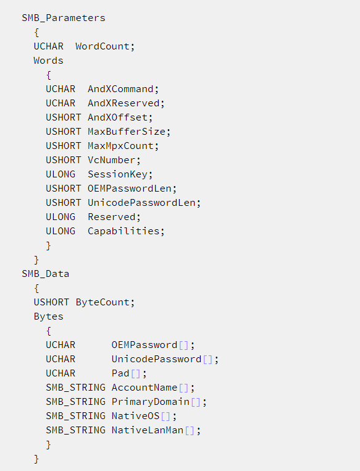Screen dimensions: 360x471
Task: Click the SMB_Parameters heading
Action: coord(64,18)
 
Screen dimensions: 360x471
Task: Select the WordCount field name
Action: coord(103,46)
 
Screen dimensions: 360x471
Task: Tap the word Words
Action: coord(49,61)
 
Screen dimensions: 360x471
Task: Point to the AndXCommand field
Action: coord(120,89)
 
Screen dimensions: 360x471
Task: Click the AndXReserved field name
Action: coord(123,103)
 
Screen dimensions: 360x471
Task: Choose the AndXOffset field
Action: coord(117,117)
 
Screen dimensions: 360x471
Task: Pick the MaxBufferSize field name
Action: coord(127,132)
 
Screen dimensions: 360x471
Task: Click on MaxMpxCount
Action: coord(120,146)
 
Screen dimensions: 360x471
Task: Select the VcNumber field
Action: coord(112,160)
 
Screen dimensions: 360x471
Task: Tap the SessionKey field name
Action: coord(117,174)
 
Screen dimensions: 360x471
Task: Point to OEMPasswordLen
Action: coord(130,189)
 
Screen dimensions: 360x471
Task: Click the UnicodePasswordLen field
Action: coord(141,203)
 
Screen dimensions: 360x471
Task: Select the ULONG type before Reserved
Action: coord(61,217)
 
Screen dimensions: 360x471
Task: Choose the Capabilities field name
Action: coord(123,231)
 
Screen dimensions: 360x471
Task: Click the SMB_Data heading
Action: coord(46,274)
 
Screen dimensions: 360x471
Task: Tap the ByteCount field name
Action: coord(103,302)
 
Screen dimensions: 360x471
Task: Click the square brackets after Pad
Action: coord(136,374)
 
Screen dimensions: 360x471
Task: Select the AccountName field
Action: coord(144,388)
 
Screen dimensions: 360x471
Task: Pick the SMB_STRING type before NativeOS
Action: coord(75,416)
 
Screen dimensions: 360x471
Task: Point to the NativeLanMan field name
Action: coord(148,430)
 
